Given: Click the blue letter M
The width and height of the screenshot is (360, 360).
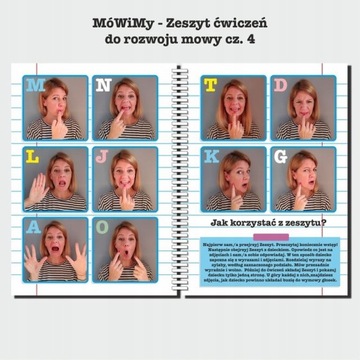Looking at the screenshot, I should tap(36, 87).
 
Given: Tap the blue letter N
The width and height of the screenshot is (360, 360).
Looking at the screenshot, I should tap(103, 87).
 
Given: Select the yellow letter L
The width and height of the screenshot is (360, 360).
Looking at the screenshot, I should tap(33, 158).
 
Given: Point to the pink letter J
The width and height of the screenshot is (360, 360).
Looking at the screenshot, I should tap(102, 158).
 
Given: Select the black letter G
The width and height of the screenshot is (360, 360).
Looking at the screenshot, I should tap(281, 157).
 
